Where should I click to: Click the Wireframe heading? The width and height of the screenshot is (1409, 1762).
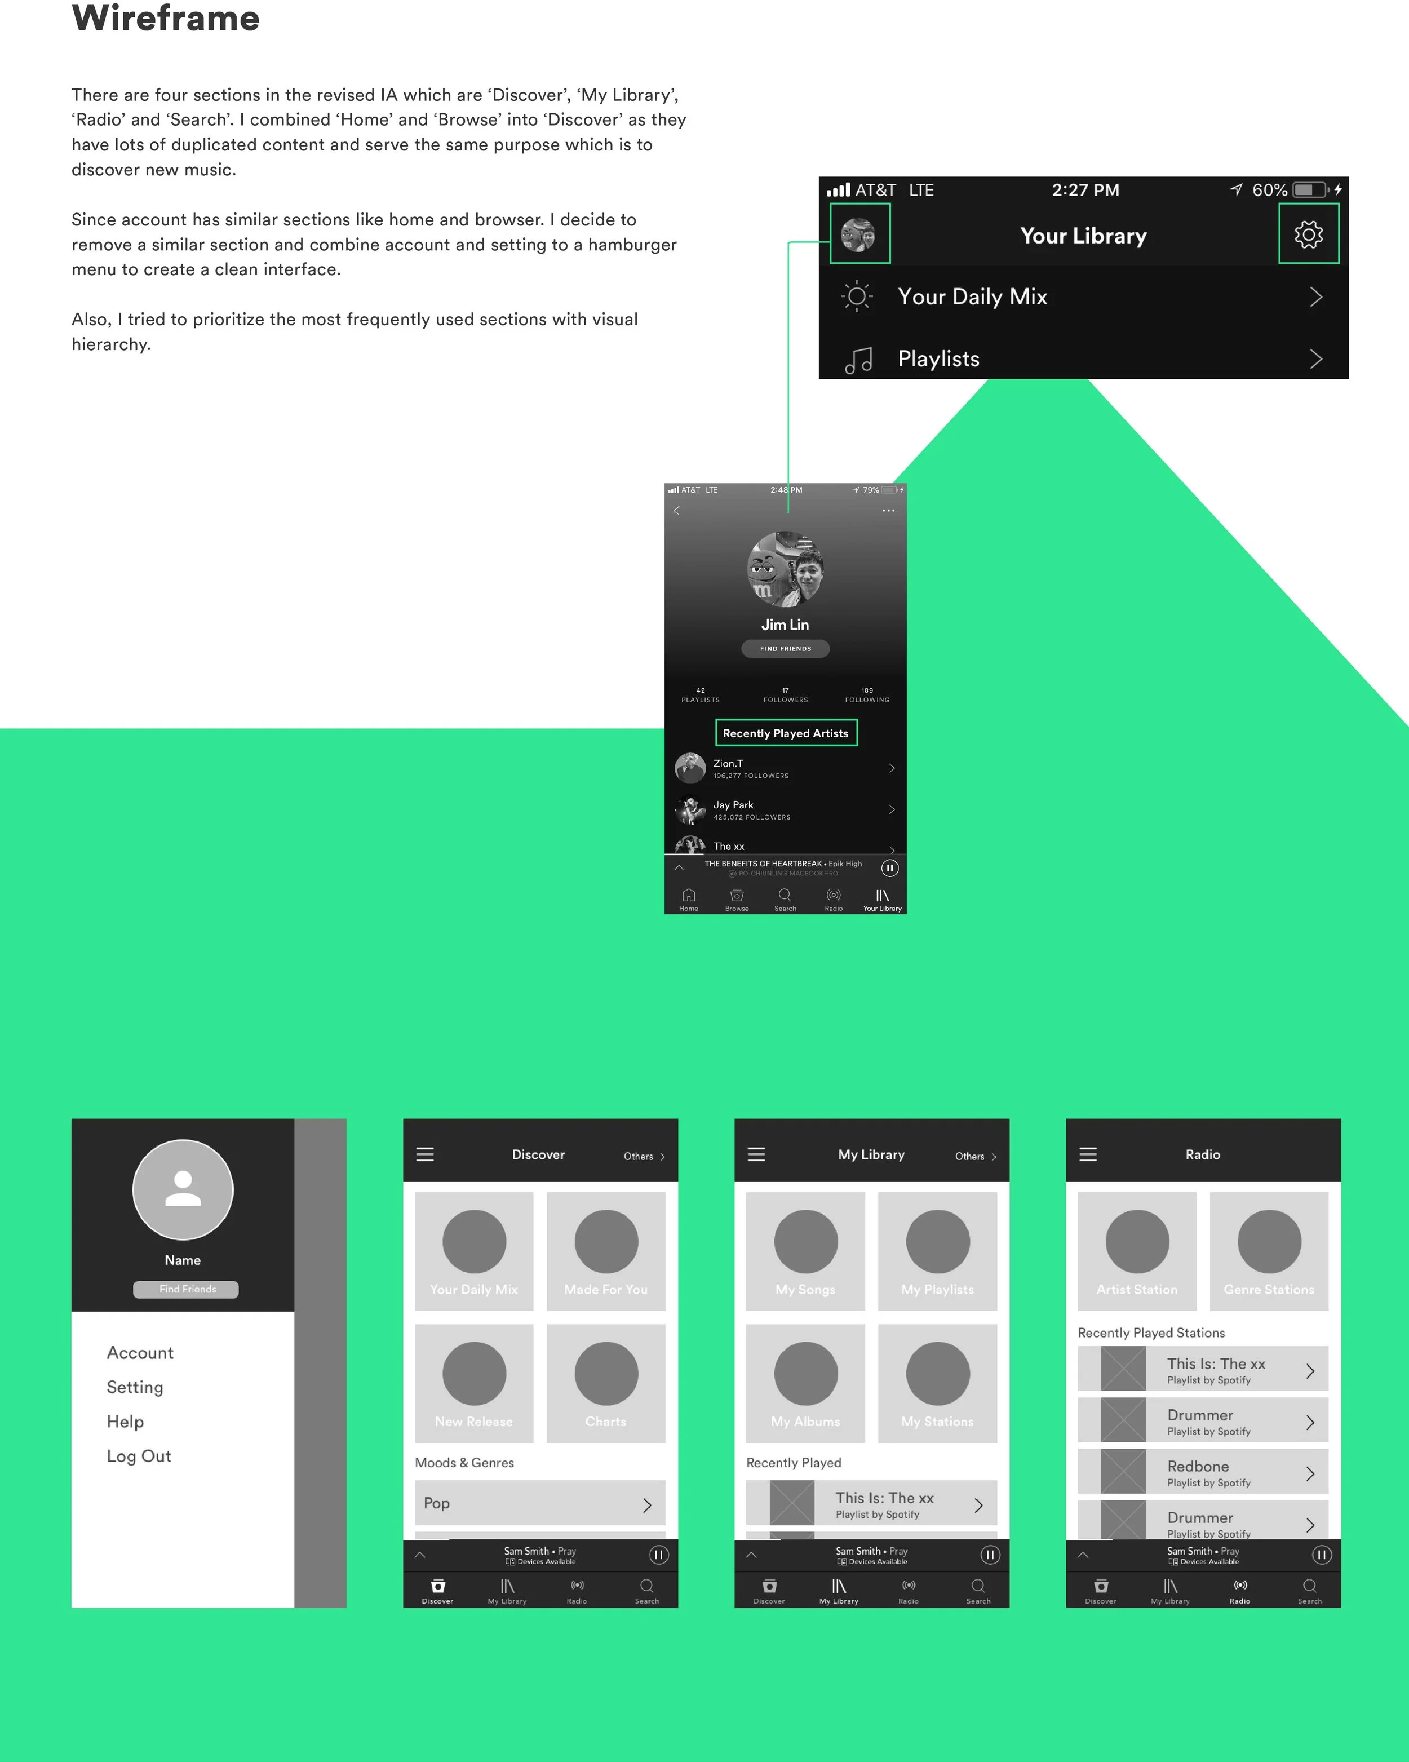tap(165, 18)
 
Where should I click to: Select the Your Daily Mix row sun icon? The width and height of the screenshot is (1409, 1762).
tap(857, 296)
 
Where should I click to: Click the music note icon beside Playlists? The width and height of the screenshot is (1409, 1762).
tap(858, 360)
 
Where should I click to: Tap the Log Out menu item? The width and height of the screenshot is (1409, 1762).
tap(139, 1455)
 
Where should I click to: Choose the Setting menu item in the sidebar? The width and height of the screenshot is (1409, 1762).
tap(135, 1387)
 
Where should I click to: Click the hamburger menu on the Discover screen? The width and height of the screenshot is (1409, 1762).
tap(425, 1154)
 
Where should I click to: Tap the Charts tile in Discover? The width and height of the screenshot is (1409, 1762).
tap(606, 1383)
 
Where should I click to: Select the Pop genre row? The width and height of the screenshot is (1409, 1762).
tap(539, 1503)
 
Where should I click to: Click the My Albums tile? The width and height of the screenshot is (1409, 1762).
tap(805, 1383)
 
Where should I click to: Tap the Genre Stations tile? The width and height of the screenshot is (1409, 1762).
tap(1269, 1250)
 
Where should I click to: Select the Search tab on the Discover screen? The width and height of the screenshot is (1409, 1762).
tap(646, 1591)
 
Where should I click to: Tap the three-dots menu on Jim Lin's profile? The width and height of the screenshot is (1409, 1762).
tap(888, 511)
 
